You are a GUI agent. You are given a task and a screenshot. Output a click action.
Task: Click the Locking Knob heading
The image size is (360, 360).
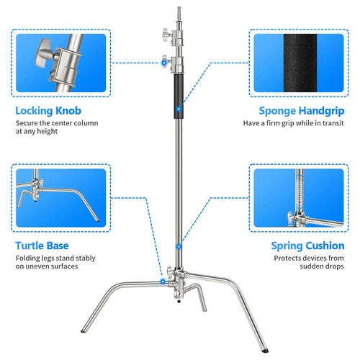(49, 112)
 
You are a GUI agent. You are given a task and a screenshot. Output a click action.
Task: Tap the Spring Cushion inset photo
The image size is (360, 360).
(299, 197)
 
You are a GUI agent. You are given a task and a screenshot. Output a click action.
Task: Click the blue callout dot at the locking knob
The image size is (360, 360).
(163, 63)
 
